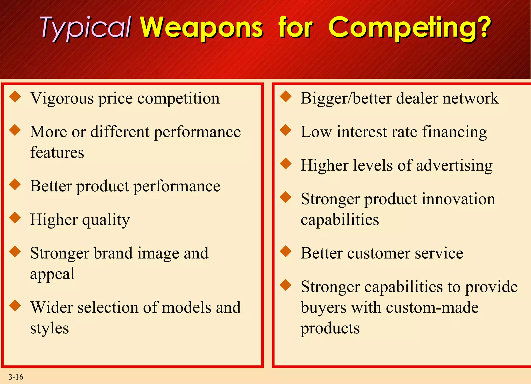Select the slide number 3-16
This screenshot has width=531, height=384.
point(16,377)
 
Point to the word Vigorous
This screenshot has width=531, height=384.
point(62,99)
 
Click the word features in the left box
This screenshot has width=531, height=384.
point(57,152)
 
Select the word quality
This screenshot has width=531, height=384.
point(106,220)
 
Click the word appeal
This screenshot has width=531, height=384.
point(52,274)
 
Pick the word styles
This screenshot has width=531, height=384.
point(50,328)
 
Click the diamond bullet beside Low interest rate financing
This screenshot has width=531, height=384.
point(286,130)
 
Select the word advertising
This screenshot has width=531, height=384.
point(454,166)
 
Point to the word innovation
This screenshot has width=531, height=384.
point(458,199)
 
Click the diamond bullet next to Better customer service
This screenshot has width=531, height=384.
point(286,251)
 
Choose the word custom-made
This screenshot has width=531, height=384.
point(432,308)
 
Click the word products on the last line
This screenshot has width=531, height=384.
point(330,328)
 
